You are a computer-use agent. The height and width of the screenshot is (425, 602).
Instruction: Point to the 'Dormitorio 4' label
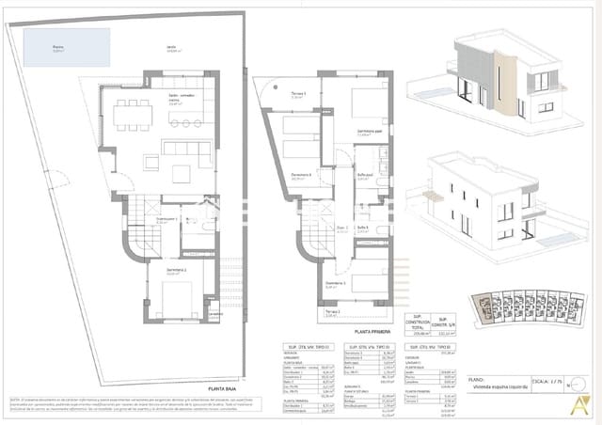coord(300,175)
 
